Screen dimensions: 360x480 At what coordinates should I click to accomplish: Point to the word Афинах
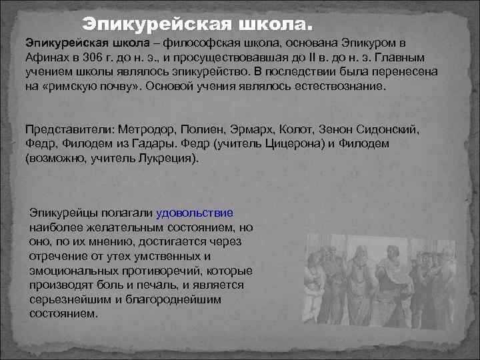[x=45, y=57]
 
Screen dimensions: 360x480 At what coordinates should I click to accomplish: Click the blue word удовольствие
[x=195, y=213]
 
